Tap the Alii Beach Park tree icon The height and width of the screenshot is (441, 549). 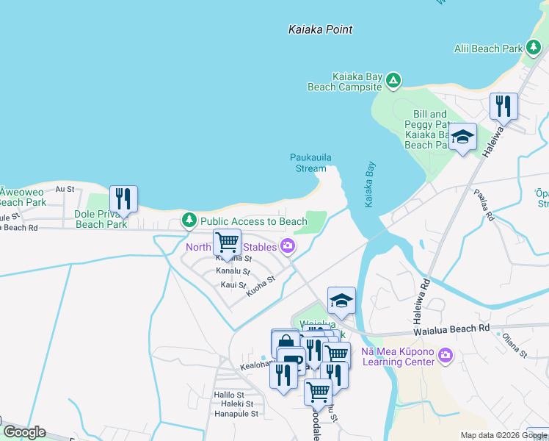[x=534, y=49]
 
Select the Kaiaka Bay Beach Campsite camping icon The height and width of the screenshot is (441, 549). [x=393, y=80]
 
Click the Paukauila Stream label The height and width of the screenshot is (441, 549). [x=308, y=162]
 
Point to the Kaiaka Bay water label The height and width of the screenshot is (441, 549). [x=370, y=184]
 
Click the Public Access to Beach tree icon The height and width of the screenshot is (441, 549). [x=189, y=220]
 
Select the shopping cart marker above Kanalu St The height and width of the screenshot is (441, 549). [x=228, y=242]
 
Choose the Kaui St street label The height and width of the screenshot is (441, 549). [x=233, y=284]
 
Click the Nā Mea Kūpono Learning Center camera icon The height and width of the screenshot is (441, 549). [x=446, y=356]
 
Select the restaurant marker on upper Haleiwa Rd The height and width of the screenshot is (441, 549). [x=503, y=107]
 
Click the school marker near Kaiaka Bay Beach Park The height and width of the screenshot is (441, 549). [x=462, y=137]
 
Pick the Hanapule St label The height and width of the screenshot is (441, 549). [x=235, y=414]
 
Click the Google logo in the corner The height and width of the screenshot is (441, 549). [x=23, y=432]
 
